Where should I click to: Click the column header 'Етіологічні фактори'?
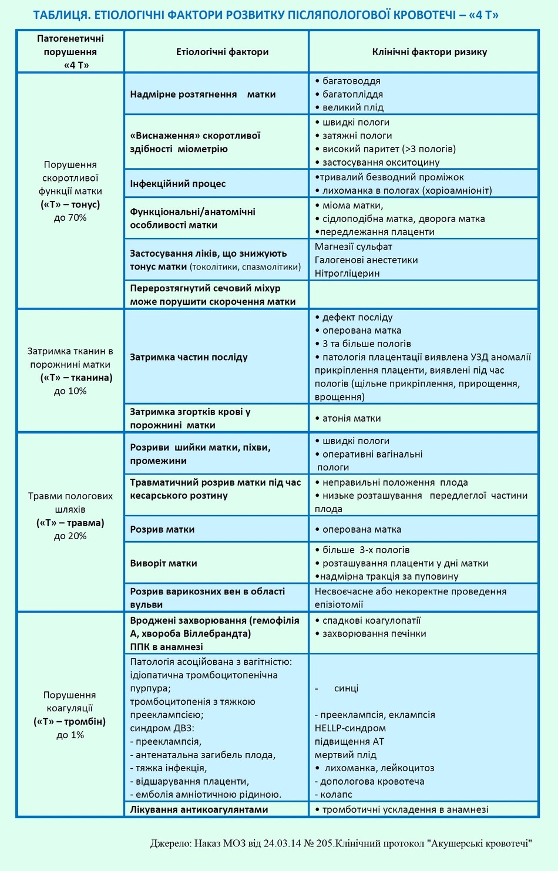point(222,52)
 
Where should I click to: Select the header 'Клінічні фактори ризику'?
point(429,52)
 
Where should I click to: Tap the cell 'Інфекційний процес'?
point(178,183)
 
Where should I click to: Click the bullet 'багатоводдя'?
point(351,81)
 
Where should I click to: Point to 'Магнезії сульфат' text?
point(353,247)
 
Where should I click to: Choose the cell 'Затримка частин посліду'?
point(189,357)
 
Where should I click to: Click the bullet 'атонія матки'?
point(351,418)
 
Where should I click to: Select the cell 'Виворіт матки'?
point(163,563)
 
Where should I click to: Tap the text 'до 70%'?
point(70,218)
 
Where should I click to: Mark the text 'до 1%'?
point(70,735)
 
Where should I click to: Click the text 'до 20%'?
point(70,536)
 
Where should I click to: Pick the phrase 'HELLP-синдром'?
point(350,728)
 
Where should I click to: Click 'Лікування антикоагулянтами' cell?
point(199,809)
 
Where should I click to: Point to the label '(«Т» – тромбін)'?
point(70,722)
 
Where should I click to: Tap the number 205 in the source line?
point(325,843)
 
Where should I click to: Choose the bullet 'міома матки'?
point(352,206)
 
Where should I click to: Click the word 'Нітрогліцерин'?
point(347,273)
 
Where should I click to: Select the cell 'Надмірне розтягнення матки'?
point(203,94)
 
